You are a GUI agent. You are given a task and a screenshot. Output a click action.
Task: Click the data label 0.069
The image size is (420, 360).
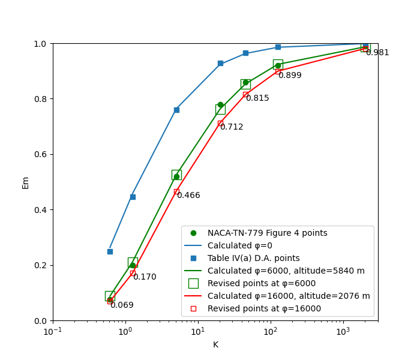[x=122, y=305]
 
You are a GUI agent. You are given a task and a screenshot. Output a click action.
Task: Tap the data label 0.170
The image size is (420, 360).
[x=145, y=277]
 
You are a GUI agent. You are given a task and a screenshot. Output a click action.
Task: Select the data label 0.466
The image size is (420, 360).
[x=188, y=196]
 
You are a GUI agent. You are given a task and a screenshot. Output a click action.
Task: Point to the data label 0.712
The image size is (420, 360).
[x=232, y=127]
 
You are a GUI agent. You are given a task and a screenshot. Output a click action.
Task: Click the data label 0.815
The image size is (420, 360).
[x=257, y=98]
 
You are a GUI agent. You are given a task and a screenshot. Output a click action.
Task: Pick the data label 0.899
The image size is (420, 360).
[x=290, y=76]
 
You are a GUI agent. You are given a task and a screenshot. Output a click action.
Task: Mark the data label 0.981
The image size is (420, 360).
[x=377, y=53]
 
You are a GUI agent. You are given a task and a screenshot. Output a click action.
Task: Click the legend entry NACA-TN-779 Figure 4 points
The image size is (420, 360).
[x=267, y=233]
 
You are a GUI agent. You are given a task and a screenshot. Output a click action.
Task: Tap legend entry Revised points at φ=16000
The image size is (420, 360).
[x=264, y=308]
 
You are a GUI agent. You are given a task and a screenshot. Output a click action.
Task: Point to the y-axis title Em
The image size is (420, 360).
[x=26, y=182]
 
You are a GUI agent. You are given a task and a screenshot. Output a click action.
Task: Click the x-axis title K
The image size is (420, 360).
[x=215, y=344]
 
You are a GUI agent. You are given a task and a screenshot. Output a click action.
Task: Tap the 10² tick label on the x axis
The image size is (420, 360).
[x=271, y=332]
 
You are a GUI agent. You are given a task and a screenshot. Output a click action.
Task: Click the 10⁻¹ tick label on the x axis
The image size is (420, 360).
[x=53, y=332]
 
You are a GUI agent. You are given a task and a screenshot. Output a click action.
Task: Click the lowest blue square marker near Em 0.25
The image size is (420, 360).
[x=110, y=251]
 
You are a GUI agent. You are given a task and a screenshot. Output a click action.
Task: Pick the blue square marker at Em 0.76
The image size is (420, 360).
[x=176, y=110]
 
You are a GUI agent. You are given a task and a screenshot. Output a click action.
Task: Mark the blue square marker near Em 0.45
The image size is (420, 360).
[x=133, y=197]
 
